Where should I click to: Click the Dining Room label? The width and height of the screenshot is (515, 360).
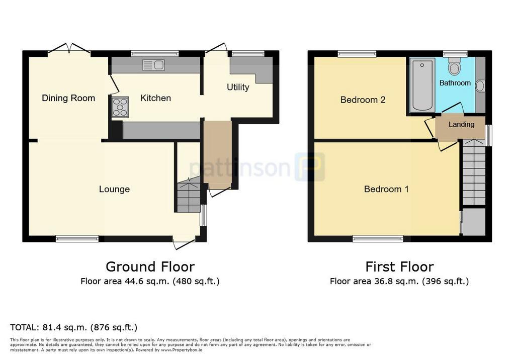click(68, 98)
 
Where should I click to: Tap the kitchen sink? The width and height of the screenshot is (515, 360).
click(154, 65)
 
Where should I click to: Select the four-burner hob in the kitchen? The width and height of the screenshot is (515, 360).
click(120, 107)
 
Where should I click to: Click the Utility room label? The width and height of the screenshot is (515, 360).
click(238, 87)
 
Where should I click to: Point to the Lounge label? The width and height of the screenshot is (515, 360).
click(114, 189)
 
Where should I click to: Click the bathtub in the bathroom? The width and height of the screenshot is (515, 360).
click(422, 85)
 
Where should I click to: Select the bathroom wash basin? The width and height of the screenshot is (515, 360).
click(480, 86)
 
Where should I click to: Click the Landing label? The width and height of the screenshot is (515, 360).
click(462, 125)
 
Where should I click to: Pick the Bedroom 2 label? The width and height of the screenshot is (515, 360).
click(363, 100)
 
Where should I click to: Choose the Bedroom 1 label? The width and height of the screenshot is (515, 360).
click(386, 189)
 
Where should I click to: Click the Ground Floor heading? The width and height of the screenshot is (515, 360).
click(150, 266)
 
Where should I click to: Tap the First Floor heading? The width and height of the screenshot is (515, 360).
click(399, 266)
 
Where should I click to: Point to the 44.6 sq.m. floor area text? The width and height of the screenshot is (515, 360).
click(150, 281)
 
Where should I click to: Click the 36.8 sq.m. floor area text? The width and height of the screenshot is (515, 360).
click(399, 281)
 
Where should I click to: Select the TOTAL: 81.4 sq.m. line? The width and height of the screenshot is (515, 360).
click(73, 327)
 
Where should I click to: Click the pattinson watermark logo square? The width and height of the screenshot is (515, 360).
click(310, 167)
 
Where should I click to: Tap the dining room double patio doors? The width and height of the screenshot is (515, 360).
click(69, 49)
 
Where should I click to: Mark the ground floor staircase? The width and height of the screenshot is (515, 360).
click(189, 196)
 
